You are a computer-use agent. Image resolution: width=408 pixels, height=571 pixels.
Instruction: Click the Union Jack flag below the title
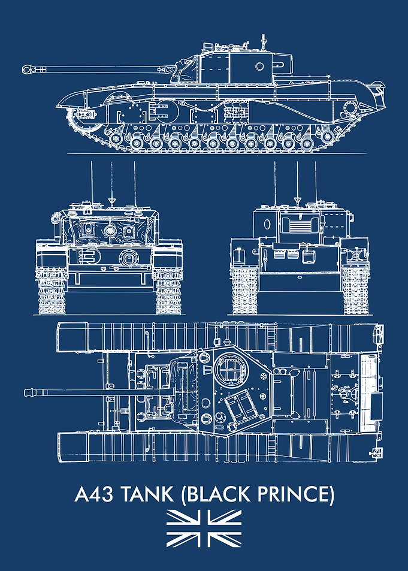[x=204, y=528]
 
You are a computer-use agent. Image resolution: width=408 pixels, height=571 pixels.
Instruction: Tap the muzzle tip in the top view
[x=26, y=392]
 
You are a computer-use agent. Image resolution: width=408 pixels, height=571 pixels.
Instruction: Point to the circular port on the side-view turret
[x=259, y=67]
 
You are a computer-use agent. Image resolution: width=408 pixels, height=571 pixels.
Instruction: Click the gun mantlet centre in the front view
[x=110, y=230]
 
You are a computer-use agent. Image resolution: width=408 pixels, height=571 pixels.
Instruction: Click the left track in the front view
[x=52, y=291]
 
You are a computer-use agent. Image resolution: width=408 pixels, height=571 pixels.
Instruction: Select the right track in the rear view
[x=356, y=291]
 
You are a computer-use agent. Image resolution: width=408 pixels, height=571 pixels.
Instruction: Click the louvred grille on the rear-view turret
[x=300, y=225]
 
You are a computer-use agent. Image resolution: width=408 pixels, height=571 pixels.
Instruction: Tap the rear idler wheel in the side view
[x=350, y=107]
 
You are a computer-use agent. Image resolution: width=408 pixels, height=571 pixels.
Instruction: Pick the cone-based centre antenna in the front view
[x=112, y=185]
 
